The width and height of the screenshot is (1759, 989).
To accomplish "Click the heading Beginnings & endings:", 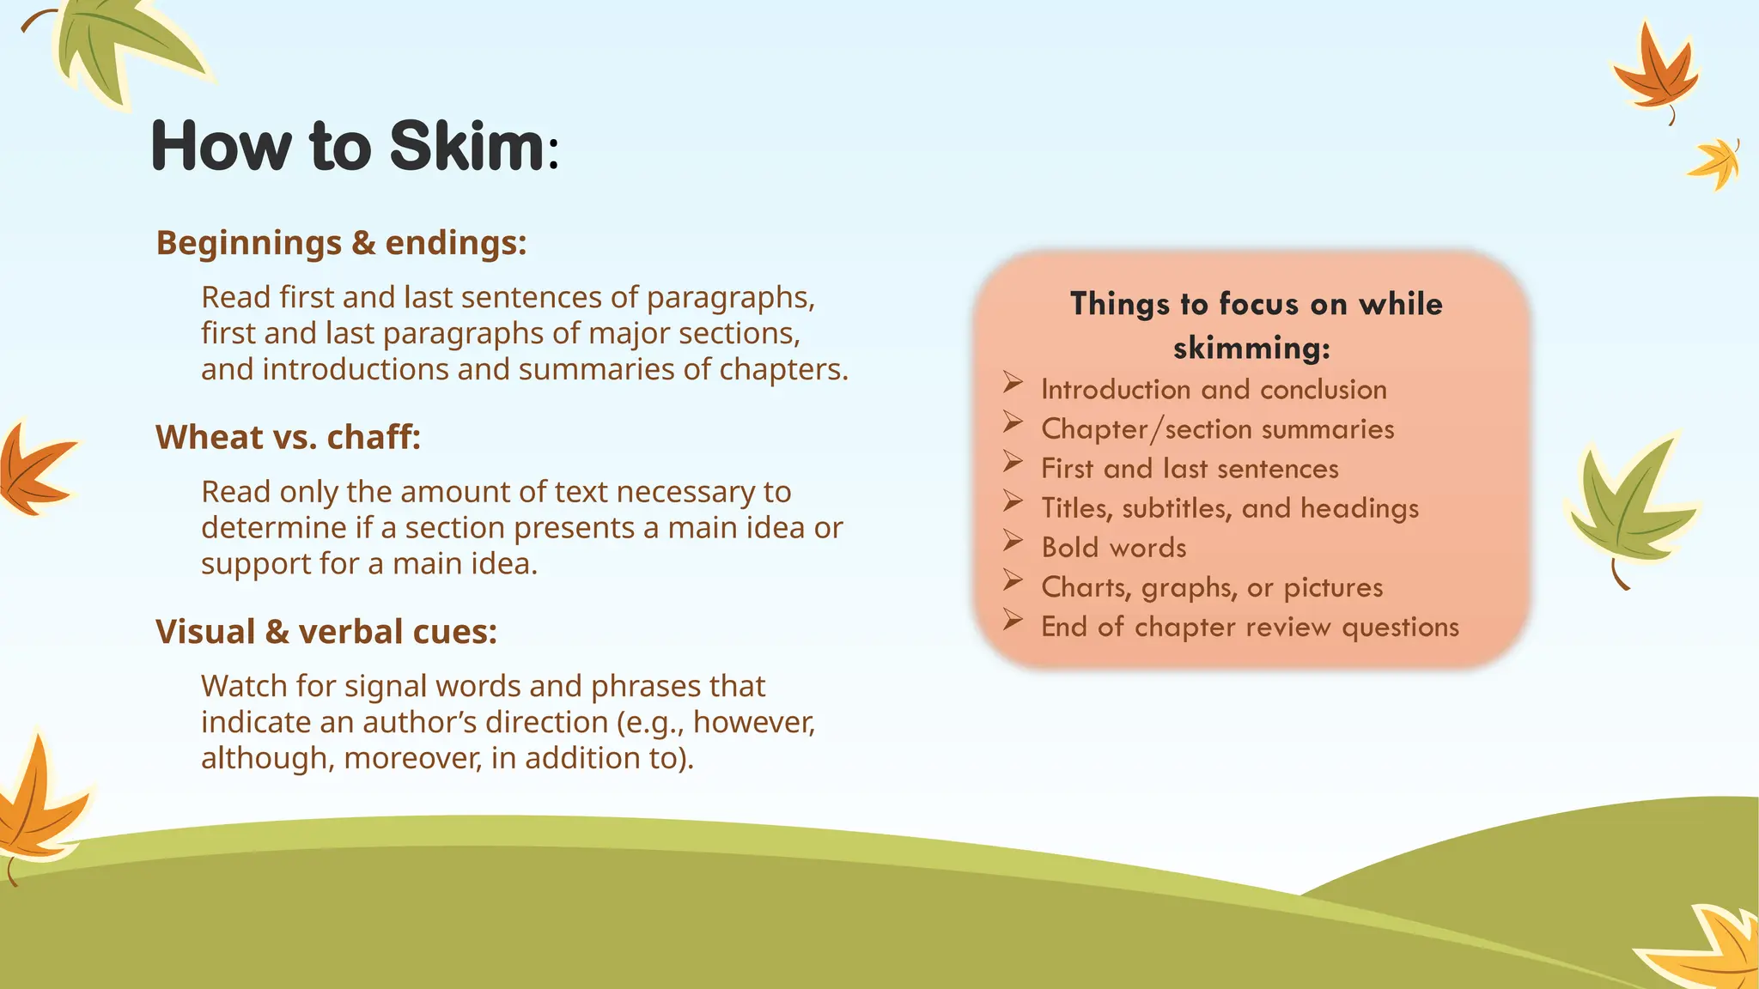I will click(x=341, y=243).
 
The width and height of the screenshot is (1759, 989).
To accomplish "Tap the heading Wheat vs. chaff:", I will click(x=288, y=438).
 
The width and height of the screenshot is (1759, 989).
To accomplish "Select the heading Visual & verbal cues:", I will click(x=326, y=632).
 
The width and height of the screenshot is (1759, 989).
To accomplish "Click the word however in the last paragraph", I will click(x=752, y=723).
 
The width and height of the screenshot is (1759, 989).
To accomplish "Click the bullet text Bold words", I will click(x=1113, y=548).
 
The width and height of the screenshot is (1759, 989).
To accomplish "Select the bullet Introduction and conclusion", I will click(x=1213, y=390).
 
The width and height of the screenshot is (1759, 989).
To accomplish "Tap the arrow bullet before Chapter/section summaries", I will click(x=1013, y=422).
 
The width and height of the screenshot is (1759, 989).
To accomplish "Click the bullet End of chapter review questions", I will click(x=1250, y=627).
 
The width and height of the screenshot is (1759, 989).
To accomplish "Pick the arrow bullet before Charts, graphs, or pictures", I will click(x=1013, y=581).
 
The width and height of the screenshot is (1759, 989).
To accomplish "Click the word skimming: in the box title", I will click(x=1251, y=349).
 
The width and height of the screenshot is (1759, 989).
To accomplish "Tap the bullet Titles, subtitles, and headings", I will click(x=1229, y=508).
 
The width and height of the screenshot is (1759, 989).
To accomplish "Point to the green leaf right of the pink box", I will click(x=1628, y=511).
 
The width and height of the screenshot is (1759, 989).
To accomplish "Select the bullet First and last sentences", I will click(x=1190, y=469).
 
